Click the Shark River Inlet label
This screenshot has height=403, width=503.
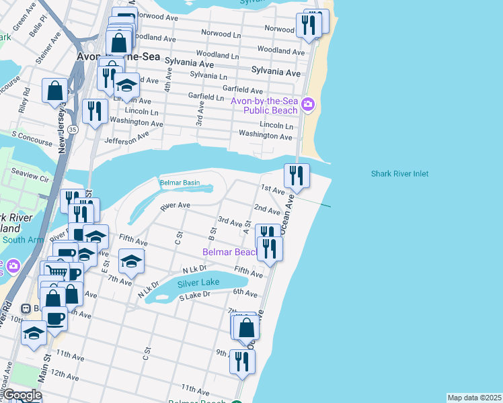pos(399,174)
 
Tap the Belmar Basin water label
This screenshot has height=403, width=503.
pos(180,183)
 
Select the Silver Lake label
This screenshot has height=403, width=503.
pos(198,283)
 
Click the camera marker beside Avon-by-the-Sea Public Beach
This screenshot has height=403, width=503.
pos(308,103)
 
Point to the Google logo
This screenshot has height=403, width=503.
pos(22,395)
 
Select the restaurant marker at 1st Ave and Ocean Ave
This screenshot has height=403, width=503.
pos(297,176)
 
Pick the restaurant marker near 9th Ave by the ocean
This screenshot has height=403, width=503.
pos(242,361)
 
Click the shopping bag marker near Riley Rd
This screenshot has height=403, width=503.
pos(54,90)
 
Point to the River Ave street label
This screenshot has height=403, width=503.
pos(175,206)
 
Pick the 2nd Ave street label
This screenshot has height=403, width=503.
pos(267,211)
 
